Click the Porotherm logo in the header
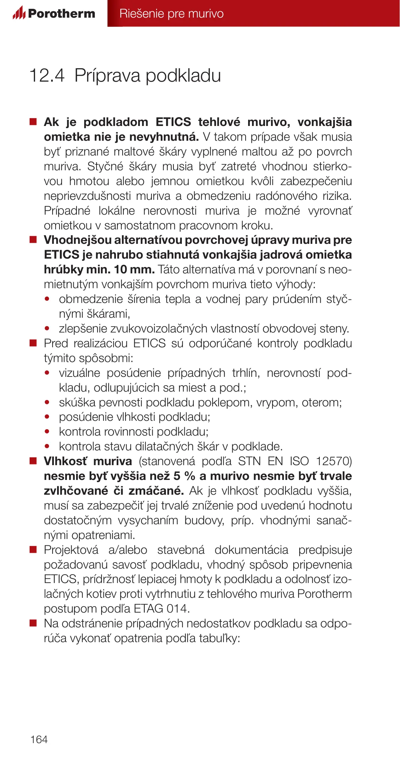tap(54, 13)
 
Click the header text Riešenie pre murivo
tap(171, 13)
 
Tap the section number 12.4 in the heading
tap(47, 76)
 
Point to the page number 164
tap(39, 739)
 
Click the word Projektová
tap(71, 550)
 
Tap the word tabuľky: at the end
tap(220, 638)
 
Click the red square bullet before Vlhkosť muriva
tap(33, 461)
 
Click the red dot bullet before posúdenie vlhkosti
tap(47, 417)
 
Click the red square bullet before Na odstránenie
tap(33, 623)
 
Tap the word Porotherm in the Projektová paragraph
tap(325, 594)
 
